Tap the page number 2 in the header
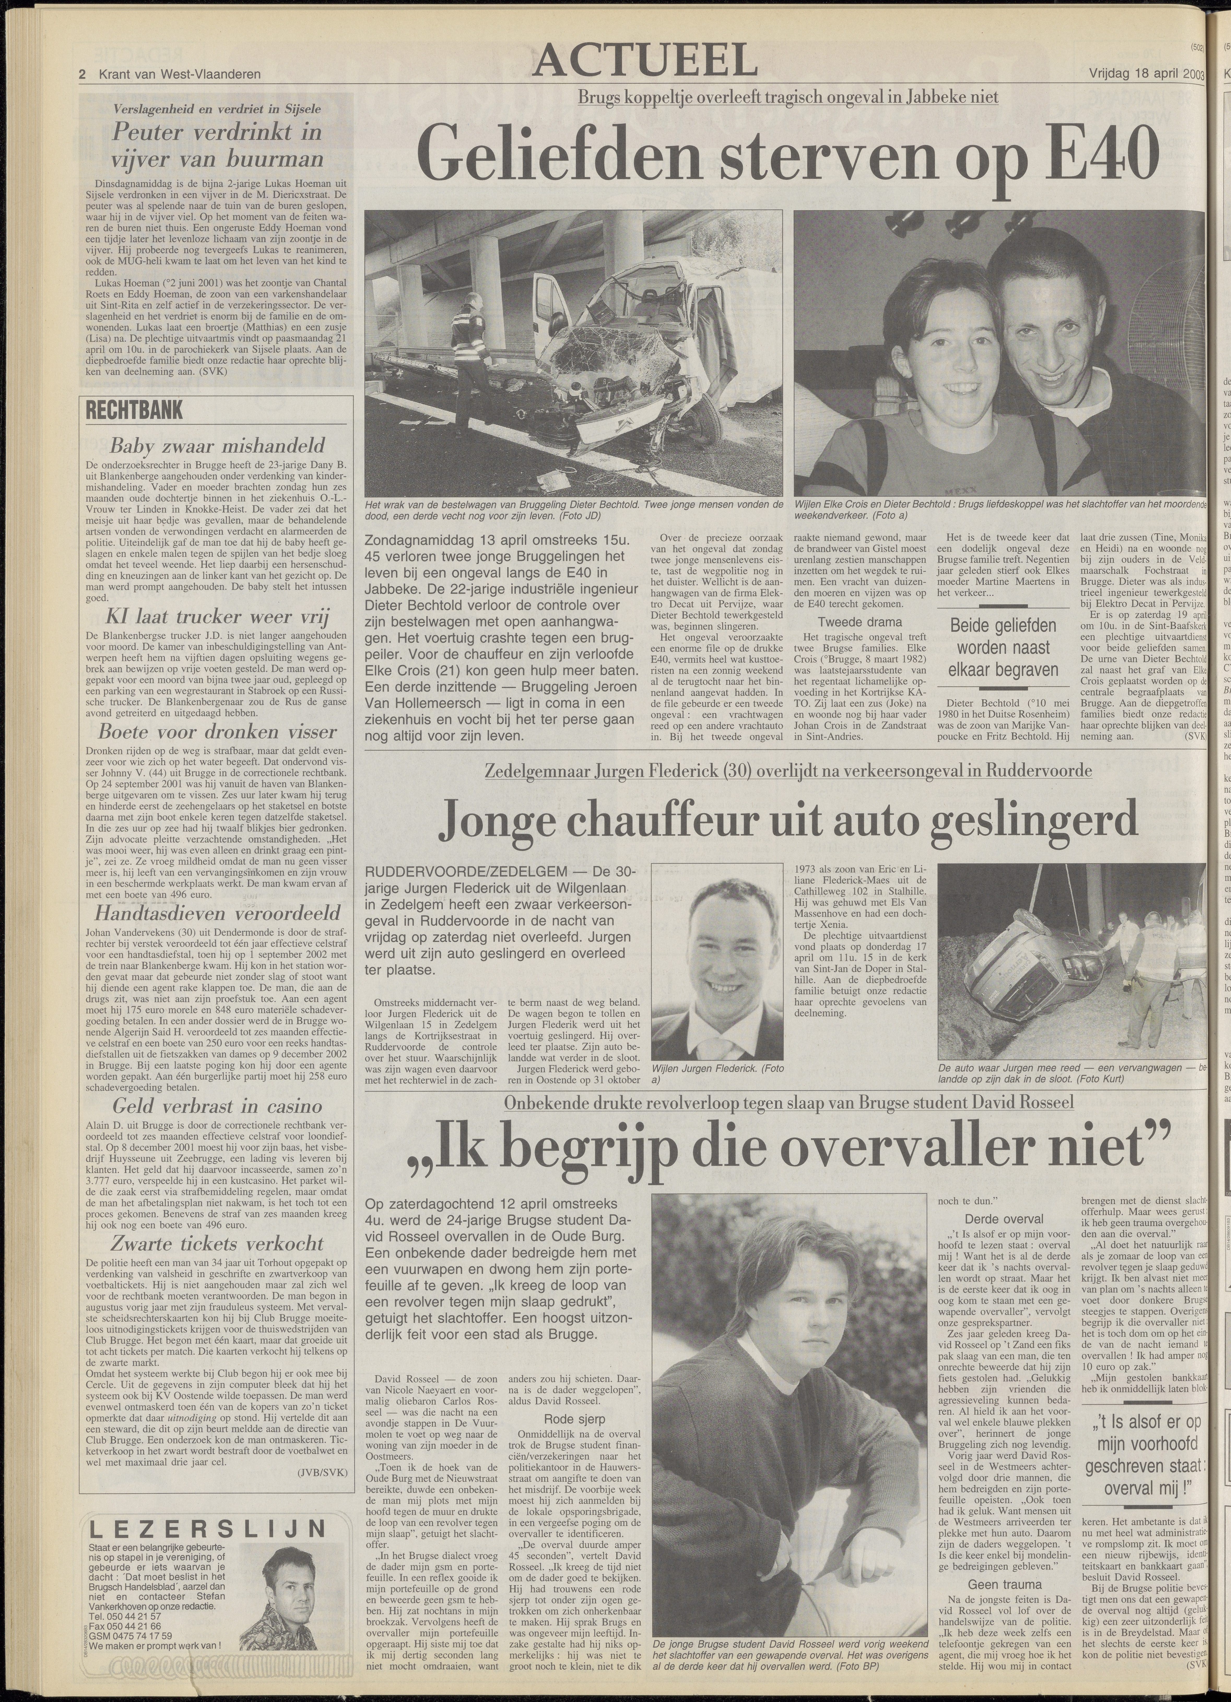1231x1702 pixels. click(83, 74)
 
